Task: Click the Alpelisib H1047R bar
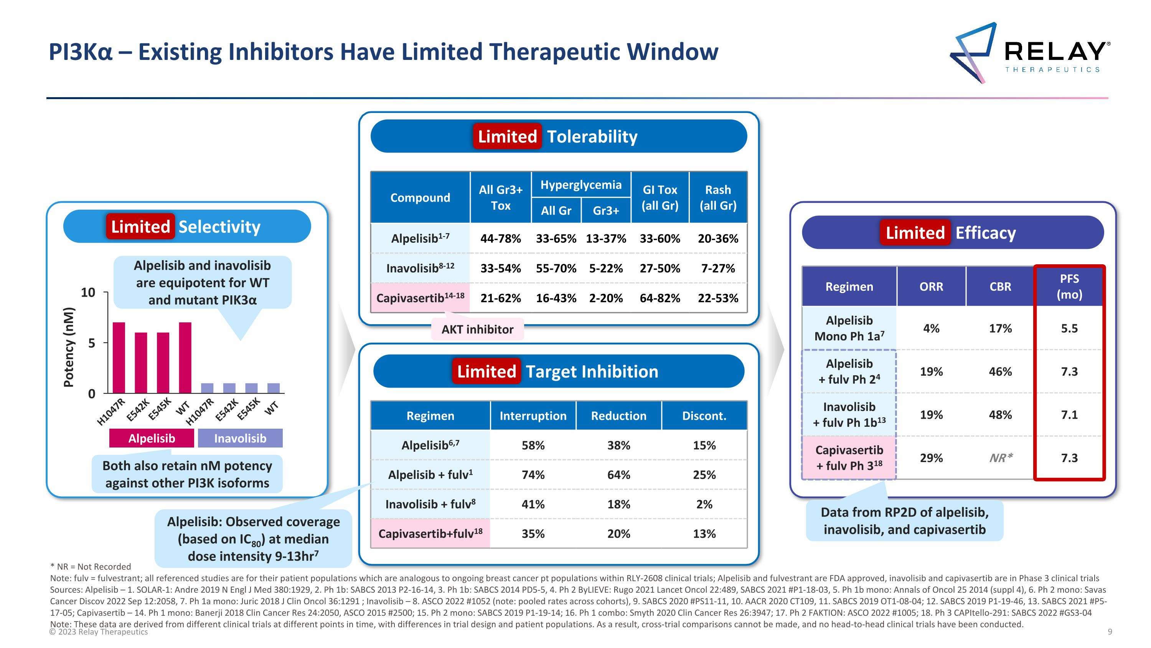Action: click(119, 358)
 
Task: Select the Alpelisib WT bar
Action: click(185, 358)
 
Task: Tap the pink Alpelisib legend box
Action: click(152, 438)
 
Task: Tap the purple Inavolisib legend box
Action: click(240, 438)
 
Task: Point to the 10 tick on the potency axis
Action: click(88, 292)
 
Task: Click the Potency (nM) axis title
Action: click(68, 347)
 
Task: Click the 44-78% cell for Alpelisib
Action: click(500, 239)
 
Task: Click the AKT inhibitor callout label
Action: click(477, 329)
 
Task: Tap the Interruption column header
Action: click(533, 416)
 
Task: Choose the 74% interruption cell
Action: click(533, 474)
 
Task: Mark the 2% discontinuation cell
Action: click(704, 504)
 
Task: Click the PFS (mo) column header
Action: click(1069, 287)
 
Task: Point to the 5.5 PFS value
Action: click(1069, 328)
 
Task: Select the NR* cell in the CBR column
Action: click(1000, 458)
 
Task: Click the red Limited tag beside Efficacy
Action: click(915, 232)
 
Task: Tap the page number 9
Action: click(1110, 631)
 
